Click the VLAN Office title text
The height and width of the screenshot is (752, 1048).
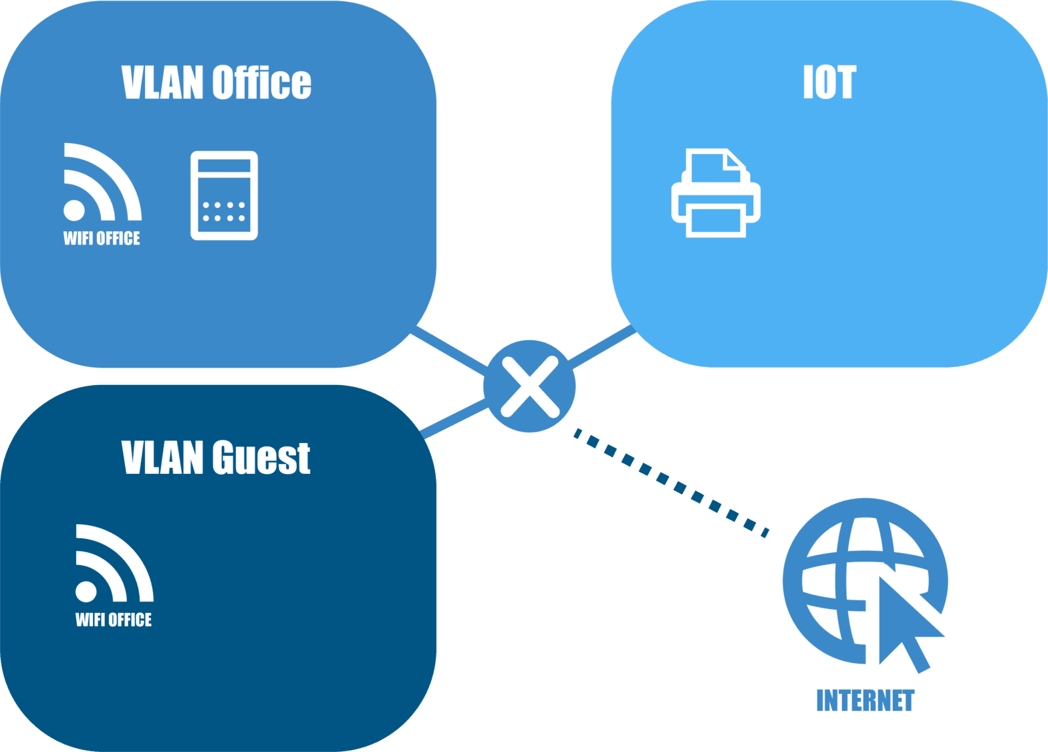click(216, 83)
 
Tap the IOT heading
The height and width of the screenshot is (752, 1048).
click(829, 83)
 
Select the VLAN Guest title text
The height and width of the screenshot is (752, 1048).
click(216, 458)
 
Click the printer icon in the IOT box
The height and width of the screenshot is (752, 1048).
click(716, 194)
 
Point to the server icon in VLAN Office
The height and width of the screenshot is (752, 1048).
click(224, 195)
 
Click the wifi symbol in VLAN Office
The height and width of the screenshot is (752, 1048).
click(100, 183)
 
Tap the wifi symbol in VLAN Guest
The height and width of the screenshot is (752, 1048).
click(112, 564)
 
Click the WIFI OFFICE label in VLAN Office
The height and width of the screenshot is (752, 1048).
click(102, 239)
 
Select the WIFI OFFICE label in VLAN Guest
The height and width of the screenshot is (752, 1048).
click(114, 620)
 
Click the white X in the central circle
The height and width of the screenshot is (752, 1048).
click(529, 386)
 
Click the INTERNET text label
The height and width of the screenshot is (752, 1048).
click(865, 701)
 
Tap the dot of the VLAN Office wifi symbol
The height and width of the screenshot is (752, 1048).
click(74, 210)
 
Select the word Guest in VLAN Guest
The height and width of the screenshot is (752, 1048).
click(261, 458)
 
